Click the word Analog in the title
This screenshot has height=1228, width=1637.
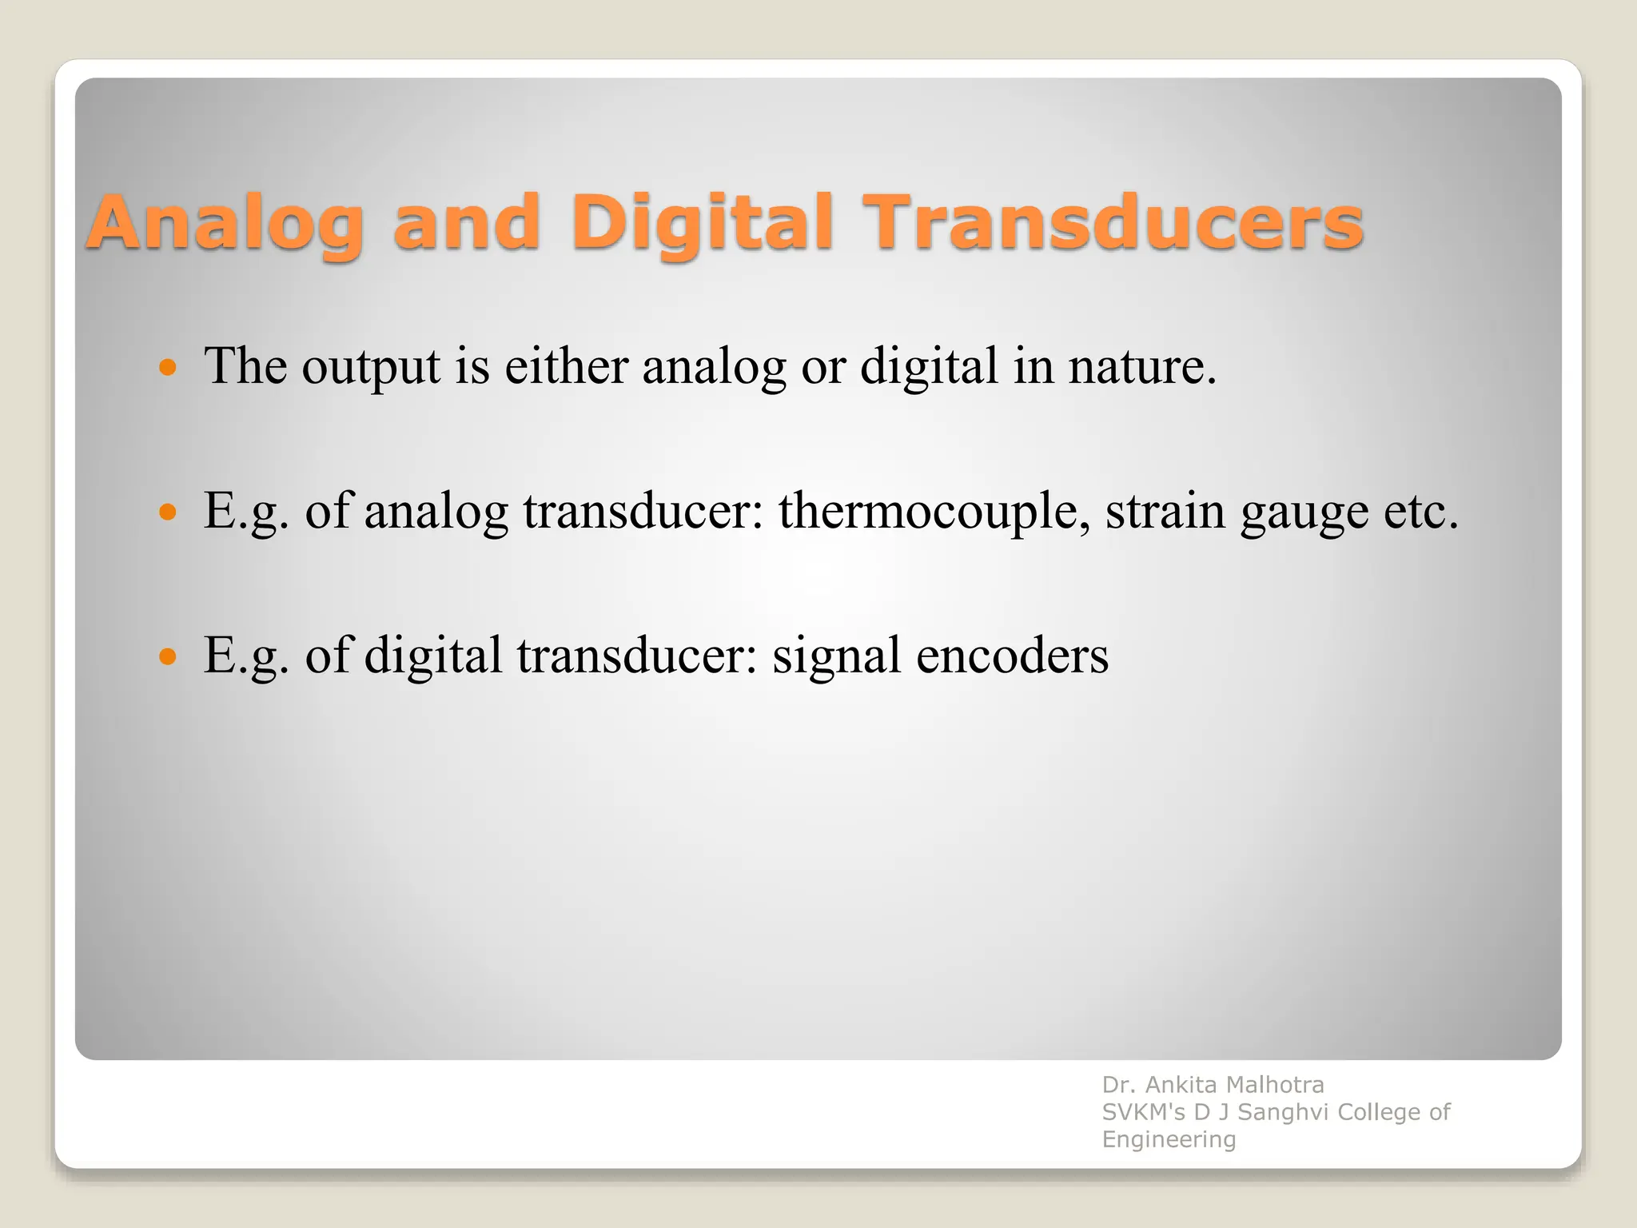pos(225,224)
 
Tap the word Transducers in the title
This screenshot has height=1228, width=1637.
pos(1116,224)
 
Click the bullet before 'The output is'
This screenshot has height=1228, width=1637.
pos(168,368)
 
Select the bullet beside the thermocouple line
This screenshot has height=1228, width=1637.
pos(168,512)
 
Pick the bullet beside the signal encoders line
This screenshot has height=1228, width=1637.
pos(168,657)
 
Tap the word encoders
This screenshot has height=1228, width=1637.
pos(1012,656)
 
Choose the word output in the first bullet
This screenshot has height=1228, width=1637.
pos(370,368)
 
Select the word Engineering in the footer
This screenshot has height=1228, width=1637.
pos(1169,1139)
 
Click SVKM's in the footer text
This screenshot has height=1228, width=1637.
pos(1143,1112)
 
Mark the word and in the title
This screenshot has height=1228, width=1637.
pos(466,224)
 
